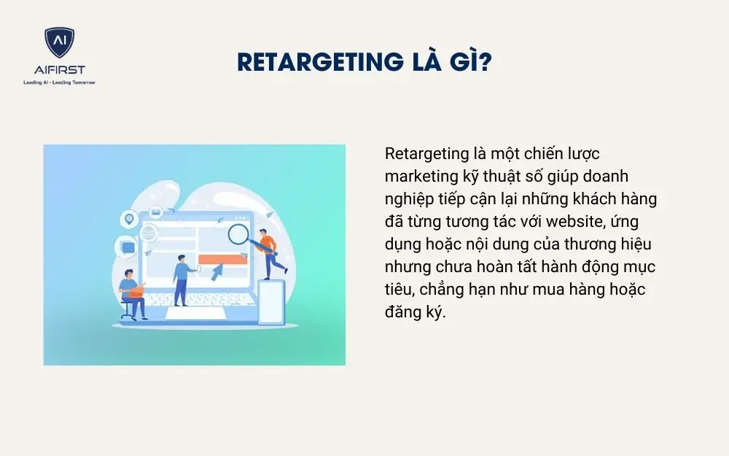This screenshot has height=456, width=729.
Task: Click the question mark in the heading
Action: click(484, 63)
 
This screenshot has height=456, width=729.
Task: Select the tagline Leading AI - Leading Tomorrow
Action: click(59, 82)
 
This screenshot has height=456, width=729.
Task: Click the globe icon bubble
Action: click(149, 234)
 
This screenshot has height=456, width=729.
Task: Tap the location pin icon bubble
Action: click(130, 218)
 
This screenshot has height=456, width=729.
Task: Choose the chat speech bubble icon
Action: click(125, 248)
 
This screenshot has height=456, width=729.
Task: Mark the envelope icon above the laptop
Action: click(155, 212)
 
